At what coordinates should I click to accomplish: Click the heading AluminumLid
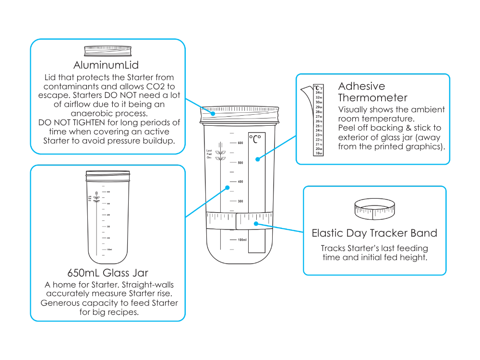coord(106,65)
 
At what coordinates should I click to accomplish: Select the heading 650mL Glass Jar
coord(107,273)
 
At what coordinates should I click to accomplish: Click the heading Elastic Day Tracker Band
coord(374,233)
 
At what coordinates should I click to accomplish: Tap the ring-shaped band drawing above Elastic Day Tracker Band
coord(375,208)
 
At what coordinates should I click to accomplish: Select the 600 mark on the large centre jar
coord(240,143)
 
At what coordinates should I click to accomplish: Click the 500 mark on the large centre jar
coord(240,163)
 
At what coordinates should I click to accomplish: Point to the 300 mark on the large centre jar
coord(240,201)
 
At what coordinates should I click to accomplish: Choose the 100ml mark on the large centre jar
coord(242,240)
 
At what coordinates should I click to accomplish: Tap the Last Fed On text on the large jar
coord(209,154)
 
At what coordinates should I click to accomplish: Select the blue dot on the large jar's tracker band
coord(256,223)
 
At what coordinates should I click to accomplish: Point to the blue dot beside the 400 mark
coord(227,188)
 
